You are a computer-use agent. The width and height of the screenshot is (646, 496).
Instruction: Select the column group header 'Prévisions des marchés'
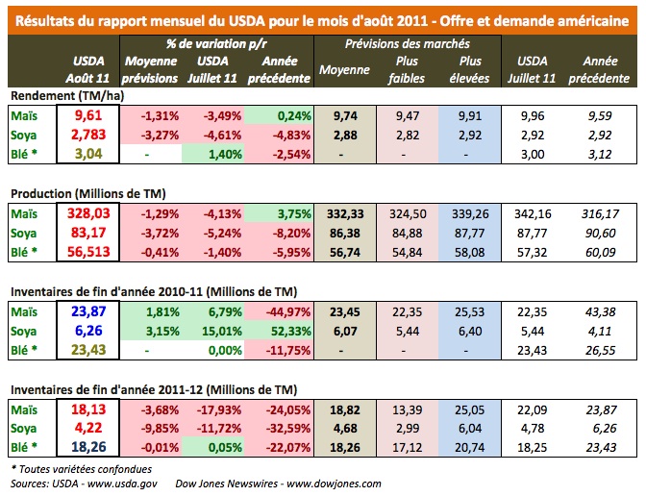[x=402, y=44]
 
